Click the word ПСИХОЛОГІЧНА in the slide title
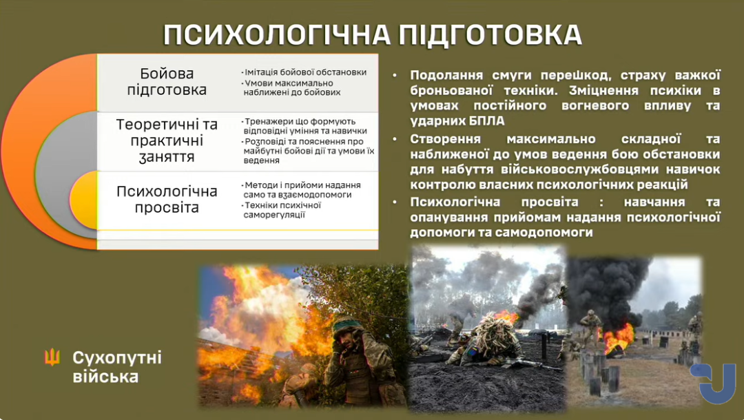(276, 34)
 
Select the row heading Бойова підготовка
(167, 81)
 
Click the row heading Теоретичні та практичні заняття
(167, 140)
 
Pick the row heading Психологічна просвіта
(167, 199)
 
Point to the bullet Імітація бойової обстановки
(304, 72)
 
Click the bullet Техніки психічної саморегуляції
(282, 210)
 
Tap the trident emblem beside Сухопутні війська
(52, 357)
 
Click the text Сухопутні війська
(116, 367)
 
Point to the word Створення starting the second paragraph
(445, 139)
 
